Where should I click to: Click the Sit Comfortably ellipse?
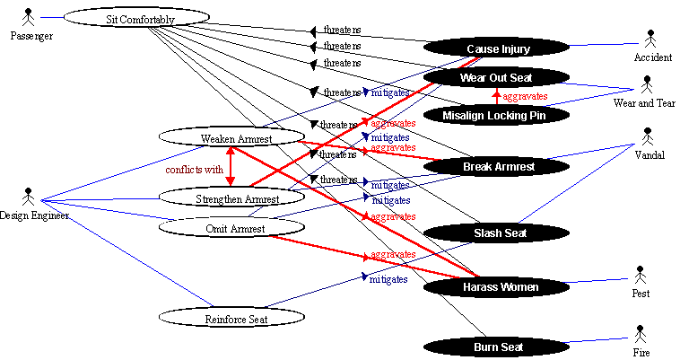pyautogui.click(x=134, y=18)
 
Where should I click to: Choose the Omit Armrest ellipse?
pyautogui.click(x=230, y=228)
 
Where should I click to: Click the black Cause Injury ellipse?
pyautogui.click(x=498, y=48)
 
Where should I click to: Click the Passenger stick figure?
pyautogui.click(x=30, y=16)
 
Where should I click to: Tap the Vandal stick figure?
pyautogui.click(x=649, y=137)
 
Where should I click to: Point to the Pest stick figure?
pyautogui.click(x=640, y=274)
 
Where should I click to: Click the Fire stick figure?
pyautogui.click(x=640, y=335)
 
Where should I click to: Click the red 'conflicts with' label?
pyautogui.click(x=195, y=169)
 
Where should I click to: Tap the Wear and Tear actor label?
pyautogui.click(x=643, y=103)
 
